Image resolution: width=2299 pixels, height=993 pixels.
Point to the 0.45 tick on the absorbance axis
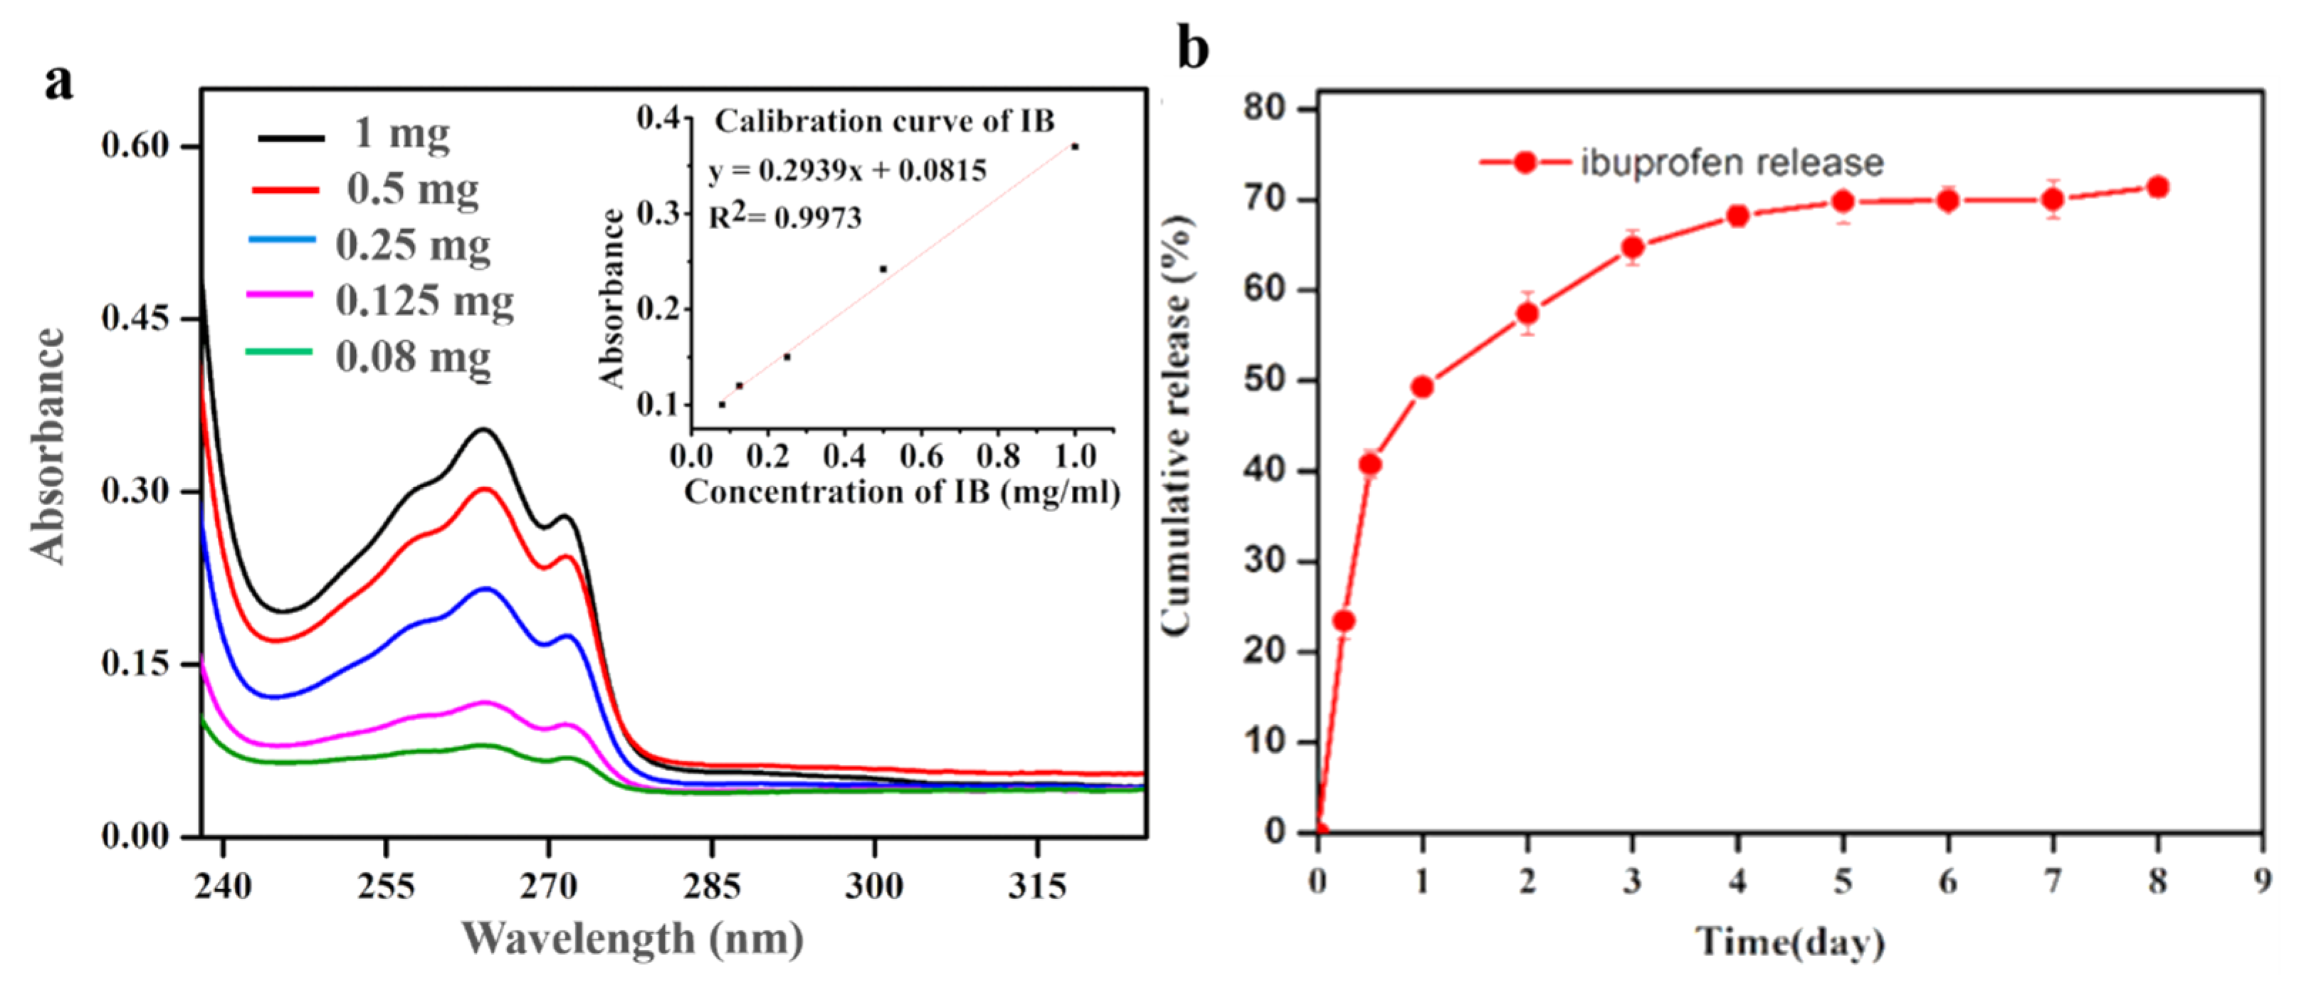click(x=135, y=319)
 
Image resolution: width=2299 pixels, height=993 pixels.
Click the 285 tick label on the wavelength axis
click(x=711, y=886)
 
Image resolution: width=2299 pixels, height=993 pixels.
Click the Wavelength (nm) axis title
click(x=632, y=938)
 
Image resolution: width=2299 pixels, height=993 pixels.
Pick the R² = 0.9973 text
click(x=785, y=217)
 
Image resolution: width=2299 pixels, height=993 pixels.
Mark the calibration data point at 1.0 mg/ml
click(x=1075, y=147)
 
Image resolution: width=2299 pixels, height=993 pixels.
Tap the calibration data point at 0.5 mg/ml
click(x=883, y=269)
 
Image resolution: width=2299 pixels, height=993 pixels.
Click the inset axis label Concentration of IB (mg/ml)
click(x=901, y=492)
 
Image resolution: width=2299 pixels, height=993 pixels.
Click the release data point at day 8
click(x=2157, y=187)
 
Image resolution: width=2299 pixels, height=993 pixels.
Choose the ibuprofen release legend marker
click(x=1525, y=162)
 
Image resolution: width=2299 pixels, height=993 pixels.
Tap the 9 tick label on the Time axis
click(x=2261, y=882)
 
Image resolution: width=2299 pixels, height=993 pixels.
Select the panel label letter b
click(x=1193, y=49)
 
